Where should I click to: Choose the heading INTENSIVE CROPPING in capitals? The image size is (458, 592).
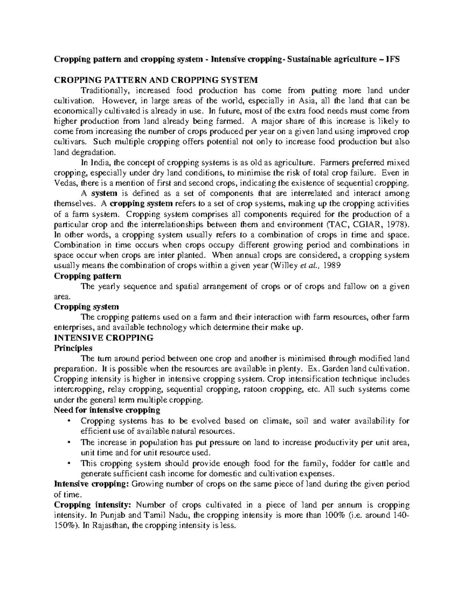tap(103, 338)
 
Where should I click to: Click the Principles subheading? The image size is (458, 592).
tap(73, 348)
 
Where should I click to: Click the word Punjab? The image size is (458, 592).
tap(111, 515)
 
